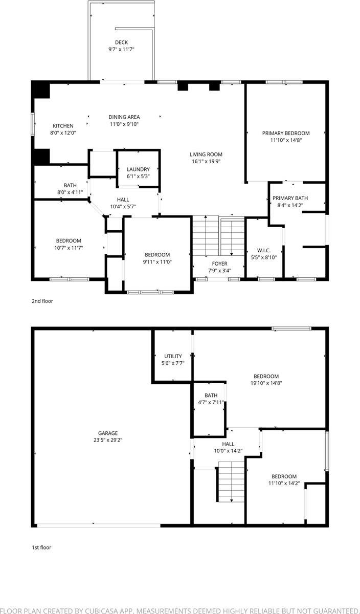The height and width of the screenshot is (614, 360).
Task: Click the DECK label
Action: click(121, 42)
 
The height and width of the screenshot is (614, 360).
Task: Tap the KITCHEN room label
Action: click(63, 126)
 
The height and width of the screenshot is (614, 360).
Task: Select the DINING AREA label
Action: click(124, 117)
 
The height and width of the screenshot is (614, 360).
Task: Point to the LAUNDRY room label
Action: click(138, 169)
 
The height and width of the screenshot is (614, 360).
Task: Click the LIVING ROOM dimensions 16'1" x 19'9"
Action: click(206, 161)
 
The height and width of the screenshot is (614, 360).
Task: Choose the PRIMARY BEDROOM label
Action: click(286, 133)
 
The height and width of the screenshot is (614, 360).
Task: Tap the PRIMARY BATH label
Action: click(290, 198)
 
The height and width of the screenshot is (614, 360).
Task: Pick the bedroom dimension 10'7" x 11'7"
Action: click(69, 248)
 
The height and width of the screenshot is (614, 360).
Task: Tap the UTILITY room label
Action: click(173, 356)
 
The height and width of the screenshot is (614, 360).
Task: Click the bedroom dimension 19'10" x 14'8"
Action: click(266, 383)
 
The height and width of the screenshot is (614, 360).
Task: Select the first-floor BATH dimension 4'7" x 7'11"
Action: click(211, 402)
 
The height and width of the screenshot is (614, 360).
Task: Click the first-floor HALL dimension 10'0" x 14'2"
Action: click(228, 451)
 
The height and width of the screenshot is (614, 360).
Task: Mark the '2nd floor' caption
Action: click(42, 301)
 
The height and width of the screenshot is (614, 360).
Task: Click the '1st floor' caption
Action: click(41, 547)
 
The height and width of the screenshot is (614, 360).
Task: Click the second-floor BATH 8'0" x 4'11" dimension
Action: click(70, 192)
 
